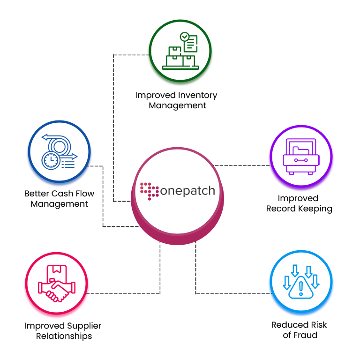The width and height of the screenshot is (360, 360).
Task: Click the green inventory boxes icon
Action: coord(180,51)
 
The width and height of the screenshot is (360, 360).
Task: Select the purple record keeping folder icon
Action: coord(301,157)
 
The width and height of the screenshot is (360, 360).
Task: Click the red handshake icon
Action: coord(57,283)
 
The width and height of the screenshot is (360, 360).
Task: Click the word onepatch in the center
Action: coord(187,191)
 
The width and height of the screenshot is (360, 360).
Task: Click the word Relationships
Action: coord(64,336)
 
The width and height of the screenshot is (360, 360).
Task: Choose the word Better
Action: coord(37,194)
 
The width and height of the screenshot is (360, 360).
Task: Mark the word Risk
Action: coord(319,325)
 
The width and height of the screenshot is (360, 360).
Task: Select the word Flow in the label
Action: coord(83,194)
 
